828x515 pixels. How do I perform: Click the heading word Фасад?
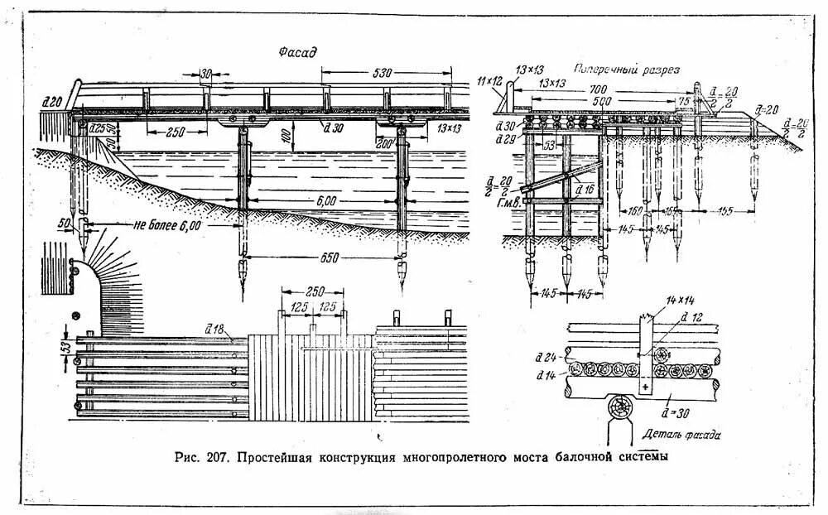(x=298, y=51)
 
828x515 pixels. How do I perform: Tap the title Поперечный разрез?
(x=627, y=70)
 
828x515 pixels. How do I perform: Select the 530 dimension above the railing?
(x=382, y=72)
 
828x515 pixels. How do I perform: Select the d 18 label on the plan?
(x=214, y=329)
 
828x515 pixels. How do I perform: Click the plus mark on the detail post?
(x=645, y=387)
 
